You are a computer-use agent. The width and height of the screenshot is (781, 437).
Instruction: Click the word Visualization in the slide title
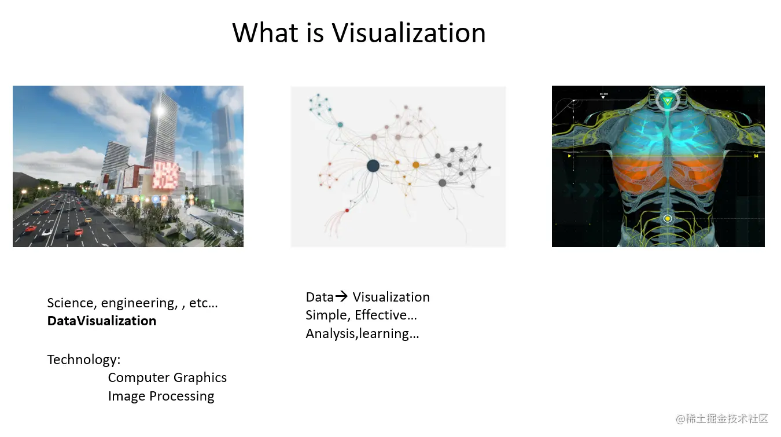coord(408,33)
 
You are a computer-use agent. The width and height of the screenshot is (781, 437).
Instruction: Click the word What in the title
coord(266,33)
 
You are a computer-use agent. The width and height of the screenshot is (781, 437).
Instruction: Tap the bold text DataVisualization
coord(102,321)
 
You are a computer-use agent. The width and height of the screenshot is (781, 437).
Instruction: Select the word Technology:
coord(84,359)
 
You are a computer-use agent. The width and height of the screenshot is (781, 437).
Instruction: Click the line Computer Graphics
coord(167,378)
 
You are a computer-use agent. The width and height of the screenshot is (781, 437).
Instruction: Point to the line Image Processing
coord(161,396)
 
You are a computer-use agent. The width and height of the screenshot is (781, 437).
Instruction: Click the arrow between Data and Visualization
coord(341,296)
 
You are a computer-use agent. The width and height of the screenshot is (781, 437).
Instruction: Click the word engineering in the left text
coord(139,303)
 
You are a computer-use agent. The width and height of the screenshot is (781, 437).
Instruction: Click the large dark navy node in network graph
coord(373,166)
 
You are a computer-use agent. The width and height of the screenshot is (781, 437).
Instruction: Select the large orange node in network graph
coord(416,164)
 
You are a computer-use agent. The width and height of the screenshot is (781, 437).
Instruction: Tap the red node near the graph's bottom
coord(347,210)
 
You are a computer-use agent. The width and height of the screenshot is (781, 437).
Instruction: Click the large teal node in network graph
coord(340,124)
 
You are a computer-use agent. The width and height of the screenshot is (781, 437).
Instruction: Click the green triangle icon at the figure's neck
coord(668,101)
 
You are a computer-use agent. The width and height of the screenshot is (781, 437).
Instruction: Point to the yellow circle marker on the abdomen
coord(668,219)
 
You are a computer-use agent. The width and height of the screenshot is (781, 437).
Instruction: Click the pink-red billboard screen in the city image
coord(165,175)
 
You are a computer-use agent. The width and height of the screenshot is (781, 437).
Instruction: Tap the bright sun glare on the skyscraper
coord(160,111)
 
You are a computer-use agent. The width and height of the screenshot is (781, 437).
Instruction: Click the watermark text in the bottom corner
coord(722,418)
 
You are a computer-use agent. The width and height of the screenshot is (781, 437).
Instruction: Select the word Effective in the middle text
coord(386,315)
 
